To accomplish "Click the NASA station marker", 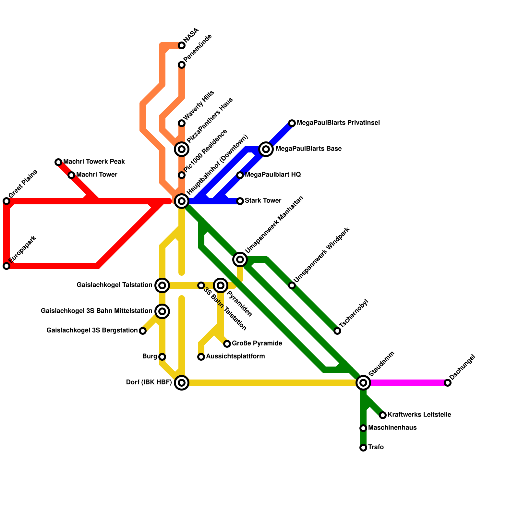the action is pos(182,45).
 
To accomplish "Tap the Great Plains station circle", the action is pos(6,201).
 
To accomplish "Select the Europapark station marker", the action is pos(6,266).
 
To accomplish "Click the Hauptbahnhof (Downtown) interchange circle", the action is pos(182,201).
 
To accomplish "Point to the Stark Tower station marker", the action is pos(240,201).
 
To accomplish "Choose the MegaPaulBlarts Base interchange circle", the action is pos(266,149).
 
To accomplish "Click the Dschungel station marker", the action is pos(448,383).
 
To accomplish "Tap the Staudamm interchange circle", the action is pos(363,383).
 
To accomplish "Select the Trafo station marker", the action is pos(363,448).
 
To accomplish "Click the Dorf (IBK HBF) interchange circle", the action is pos(182,383).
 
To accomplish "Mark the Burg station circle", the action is pos(162,357).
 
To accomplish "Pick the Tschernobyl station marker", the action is pos(337,331).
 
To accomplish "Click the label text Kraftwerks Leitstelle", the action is pos(419,415).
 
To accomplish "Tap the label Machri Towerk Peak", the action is pos(94,162).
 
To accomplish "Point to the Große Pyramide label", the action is pos(257,344).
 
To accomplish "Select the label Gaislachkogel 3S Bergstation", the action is pos(92,331).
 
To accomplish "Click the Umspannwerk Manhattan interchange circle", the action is pos(240,259).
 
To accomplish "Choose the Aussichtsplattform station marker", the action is pos(201,357).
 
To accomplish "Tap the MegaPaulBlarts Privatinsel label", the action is pos(338,123).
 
